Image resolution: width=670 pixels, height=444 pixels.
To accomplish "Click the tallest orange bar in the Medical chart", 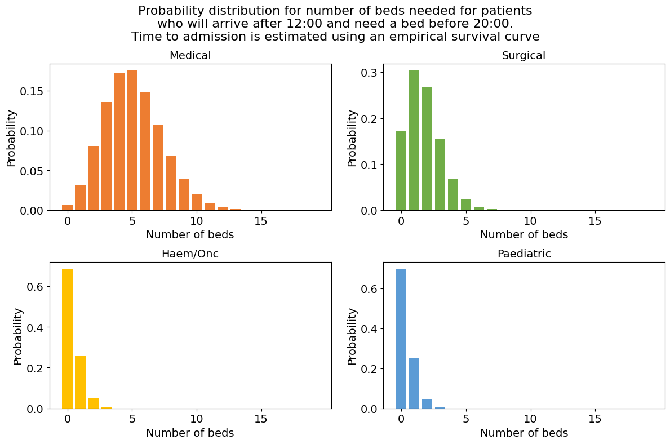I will click(x=132, y=141).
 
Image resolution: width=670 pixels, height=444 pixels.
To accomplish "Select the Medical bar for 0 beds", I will click(x=68, y=207).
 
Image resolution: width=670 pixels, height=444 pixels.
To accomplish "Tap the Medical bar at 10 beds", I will click(x=197, y=203).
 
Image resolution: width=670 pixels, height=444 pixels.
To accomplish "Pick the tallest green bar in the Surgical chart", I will click(x=414, y=141).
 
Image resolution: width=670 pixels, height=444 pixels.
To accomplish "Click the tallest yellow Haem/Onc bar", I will click(x=68, y=338).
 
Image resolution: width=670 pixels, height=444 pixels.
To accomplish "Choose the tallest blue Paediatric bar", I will click(x=401, y=338).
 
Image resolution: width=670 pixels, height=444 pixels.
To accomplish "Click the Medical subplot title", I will click(x=190, y=56).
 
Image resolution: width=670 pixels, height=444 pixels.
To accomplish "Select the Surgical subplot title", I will click(x=523, y=56).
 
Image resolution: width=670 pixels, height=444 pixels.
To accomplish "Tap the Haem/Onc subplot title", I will click(x=190, y=254).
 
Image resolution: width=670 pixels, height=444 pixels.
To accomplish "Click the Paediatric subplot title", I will click(x=523, y=254).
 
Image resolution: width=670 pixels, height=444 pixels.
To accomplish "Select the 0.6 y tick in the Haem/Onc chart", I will click(x=34, y=287).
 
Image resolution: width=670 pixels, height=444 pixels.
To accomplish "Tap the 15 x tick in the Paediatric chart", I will click(x=594, y=420).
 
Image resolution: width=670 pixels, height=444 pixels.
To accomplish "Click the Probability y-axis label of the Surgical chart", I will click(x=352, y=138).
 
